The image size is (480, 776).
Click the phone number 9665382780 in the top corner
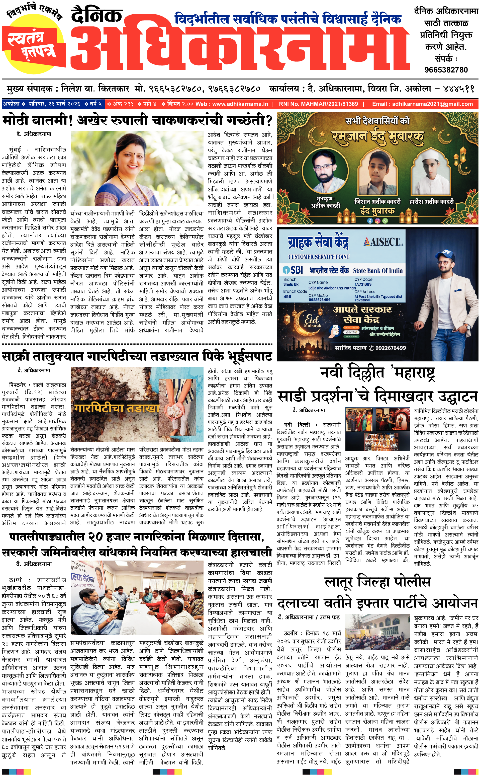(446, 69)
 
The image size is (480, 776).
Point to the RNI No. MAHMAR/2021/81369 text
(318, 104)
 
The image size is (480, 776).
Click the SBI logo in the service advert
(293, 270)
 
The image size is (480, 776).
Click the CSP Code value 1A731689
(363, 284)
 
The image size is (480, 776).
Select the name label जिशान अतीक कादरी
(377, 201)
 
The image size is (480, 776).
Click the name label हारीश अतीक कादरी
(431, 201)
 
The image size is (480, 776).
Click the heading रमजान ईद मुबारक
(378, 136)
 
